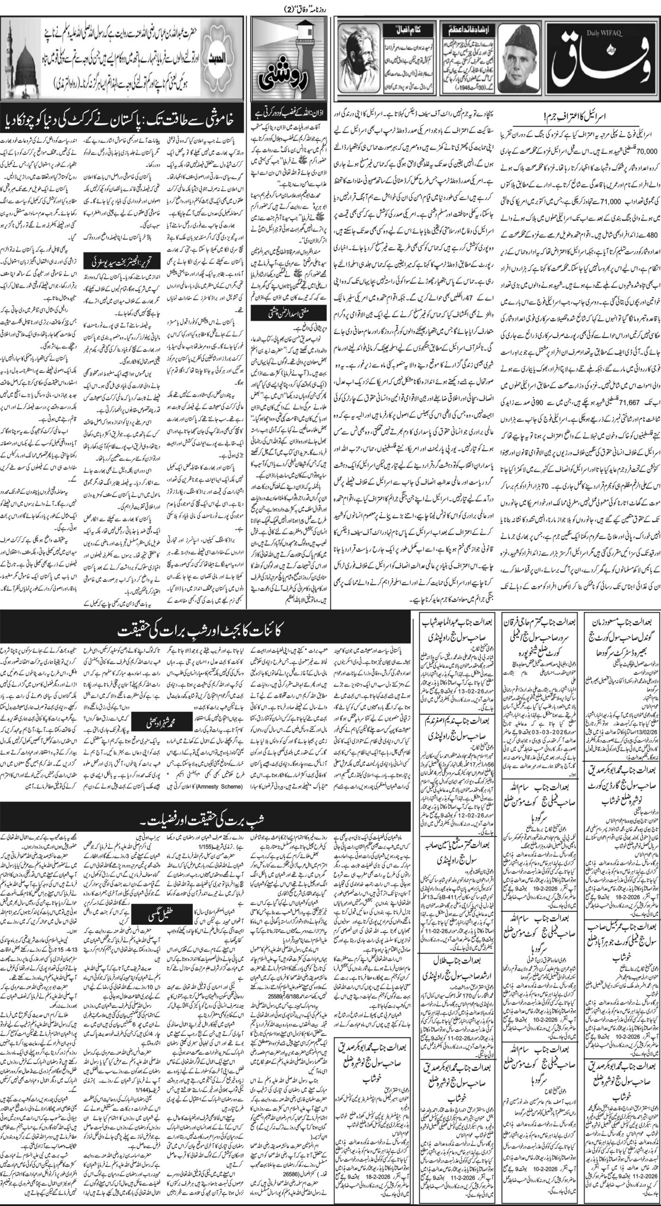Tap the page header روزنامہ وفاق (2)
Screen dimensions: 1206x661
tap(330, 6)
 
